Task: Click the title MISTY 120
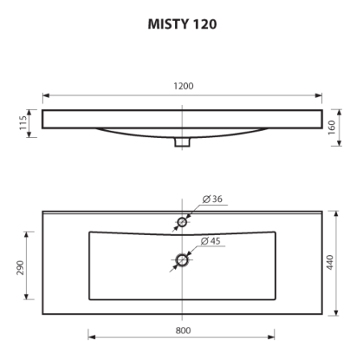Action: [181, 24]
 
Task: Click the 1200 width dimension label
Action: [182, 86]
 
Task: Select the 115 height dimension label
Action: [24, 123]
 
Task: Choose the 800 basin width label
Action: [182, 329]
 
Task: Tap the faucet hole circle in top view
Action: [182, 221]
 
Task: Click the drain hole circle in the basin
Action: [182, 260]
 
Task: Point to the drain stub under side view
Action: [182, 142]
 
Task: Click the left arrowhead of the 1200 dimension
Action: [46, 94]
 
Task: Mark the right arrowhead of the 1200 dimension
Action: [319, 94]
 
